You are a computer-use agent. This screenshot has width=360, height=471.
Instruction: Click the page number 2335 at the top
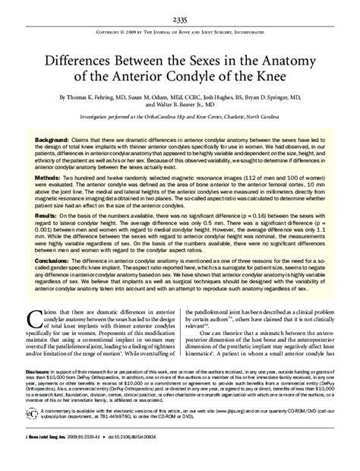180,20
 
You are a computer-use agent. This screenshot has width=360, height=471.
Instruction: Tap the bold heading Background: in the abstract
58,142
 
